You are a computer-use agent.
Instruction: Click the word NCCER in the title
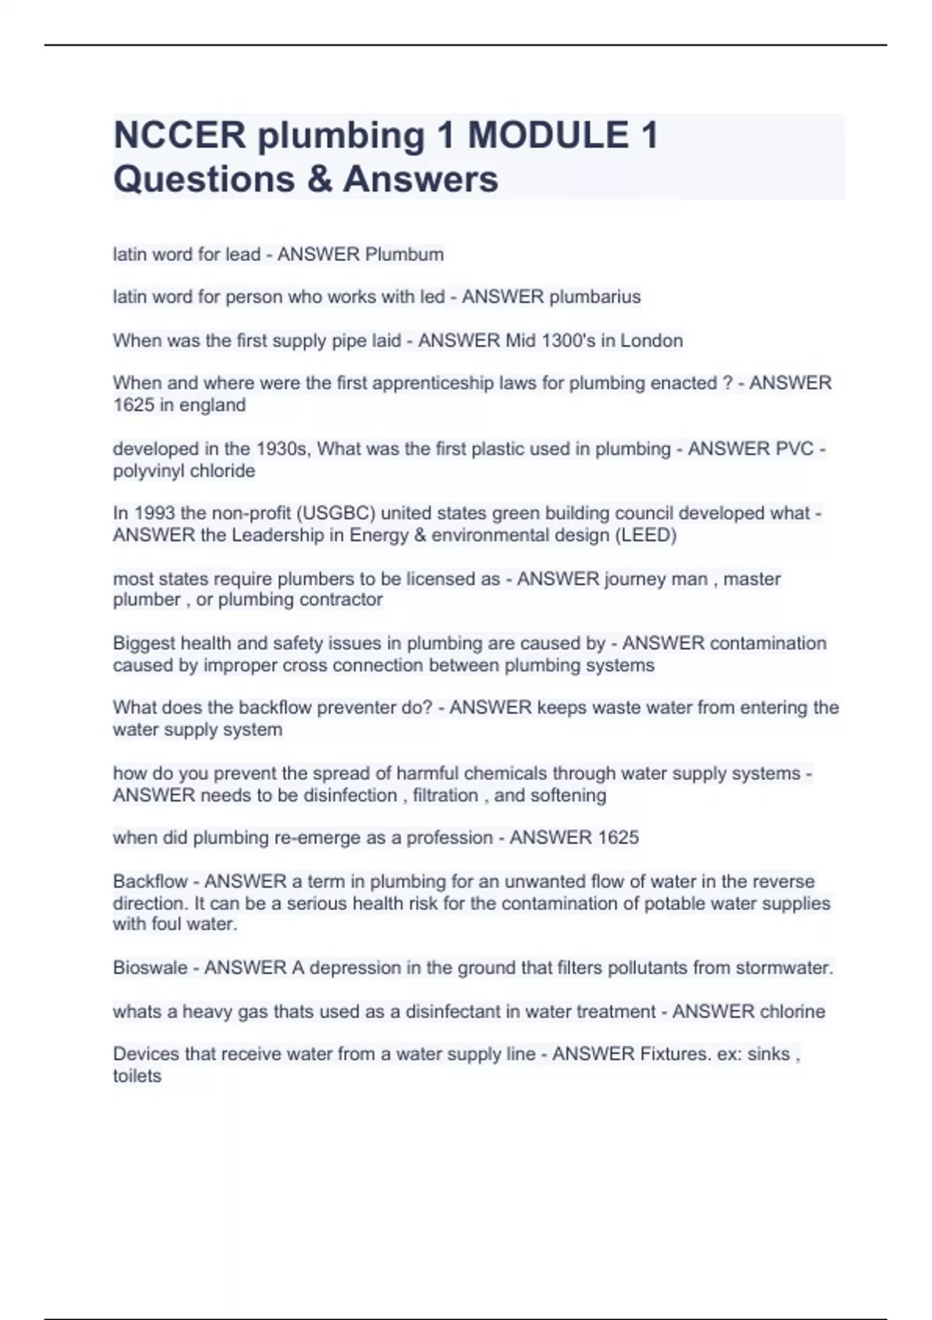coord(179,135)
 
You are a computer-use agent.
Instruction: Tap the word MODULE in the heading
coord(548,135)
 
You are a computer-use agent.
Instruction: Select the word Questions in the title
coord(203,179)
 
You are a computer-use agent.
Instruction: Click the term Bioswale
coord(150,968)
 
